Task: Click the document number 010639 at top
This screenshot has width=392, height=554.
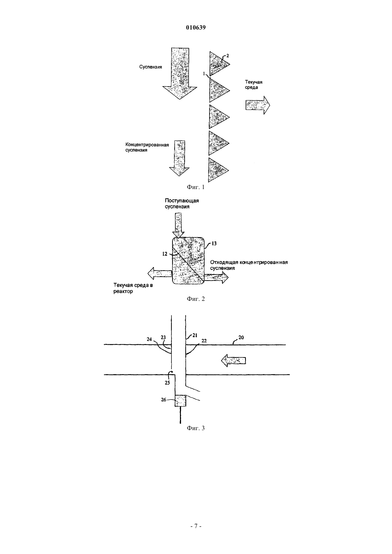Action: [196, 27]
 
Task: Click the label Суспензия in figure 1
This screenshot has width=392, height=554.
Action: [150, 67]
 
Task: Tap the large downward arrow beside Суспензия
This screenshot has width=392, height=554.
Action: [180, 74]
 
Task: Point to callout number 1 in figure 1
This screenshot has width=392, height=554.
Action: [204, 73]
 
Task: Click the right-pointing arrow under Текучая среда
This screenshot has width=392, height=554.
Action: [258, 105]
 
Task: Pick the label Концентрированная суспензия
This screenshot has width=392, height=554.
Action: [147, 147]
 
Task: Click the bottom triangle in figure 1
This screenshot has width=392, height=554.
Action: [218, 170]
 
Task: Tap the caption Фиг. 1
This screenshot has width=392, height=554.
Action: [196, 187]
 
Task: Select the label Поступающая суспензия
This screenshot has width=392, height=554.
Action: [182, 204]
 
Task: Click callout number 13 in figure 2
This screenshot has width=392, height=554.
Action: [214, 244]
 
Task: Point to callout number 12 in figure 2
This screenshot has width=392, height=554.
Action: [165, 254]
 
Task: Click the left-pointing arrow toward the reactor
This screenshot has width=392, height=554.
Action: [160, 273]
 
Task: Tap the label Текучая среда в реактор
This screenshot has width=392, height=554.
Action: [133, 288]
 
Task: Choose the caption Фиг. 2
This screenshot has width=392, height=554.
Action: [196, 299]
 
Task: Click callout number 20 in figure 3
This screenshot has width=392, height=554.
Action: [241, 337]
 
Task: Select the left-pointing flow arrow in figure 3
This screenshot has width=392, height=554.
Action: [233, 360]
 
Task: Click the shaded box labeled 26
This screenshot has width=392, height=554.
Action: [180, 401]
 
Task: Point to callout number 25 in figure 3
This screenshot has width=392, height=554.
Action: [167, 383]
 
